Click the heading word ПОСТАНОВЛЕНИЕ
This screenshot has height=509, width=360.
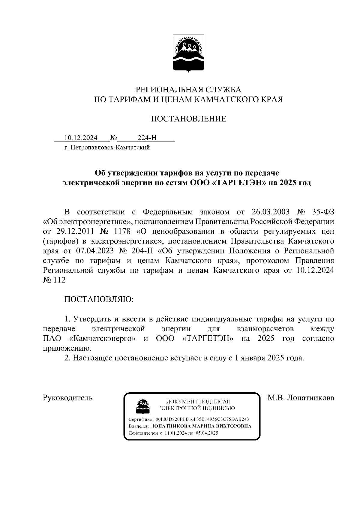pyautogui.click(x=188, y=119)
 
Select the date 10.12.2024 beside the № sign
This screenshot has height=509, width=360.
pyautogui.click(x=81, y=138)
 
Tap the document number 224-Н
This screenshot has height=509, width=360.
pyautogui.click(x=147, y=138)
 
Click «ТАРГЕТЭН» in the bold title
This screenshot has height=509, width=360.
pyautogui.click(x=238, y=183)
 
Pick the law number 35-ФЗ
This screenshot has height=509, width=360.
pyautogui.click(x=323, y=212)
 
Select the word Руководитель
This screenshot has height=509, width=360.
pyautogui.click(x=68, y=398)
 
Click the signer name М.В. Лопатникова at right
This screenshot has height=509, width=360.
pyautogui.click(x=301, y=398)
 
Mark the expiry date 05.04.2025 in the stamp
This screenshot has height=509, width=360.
pyautogui.click(x=207, y=433)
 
